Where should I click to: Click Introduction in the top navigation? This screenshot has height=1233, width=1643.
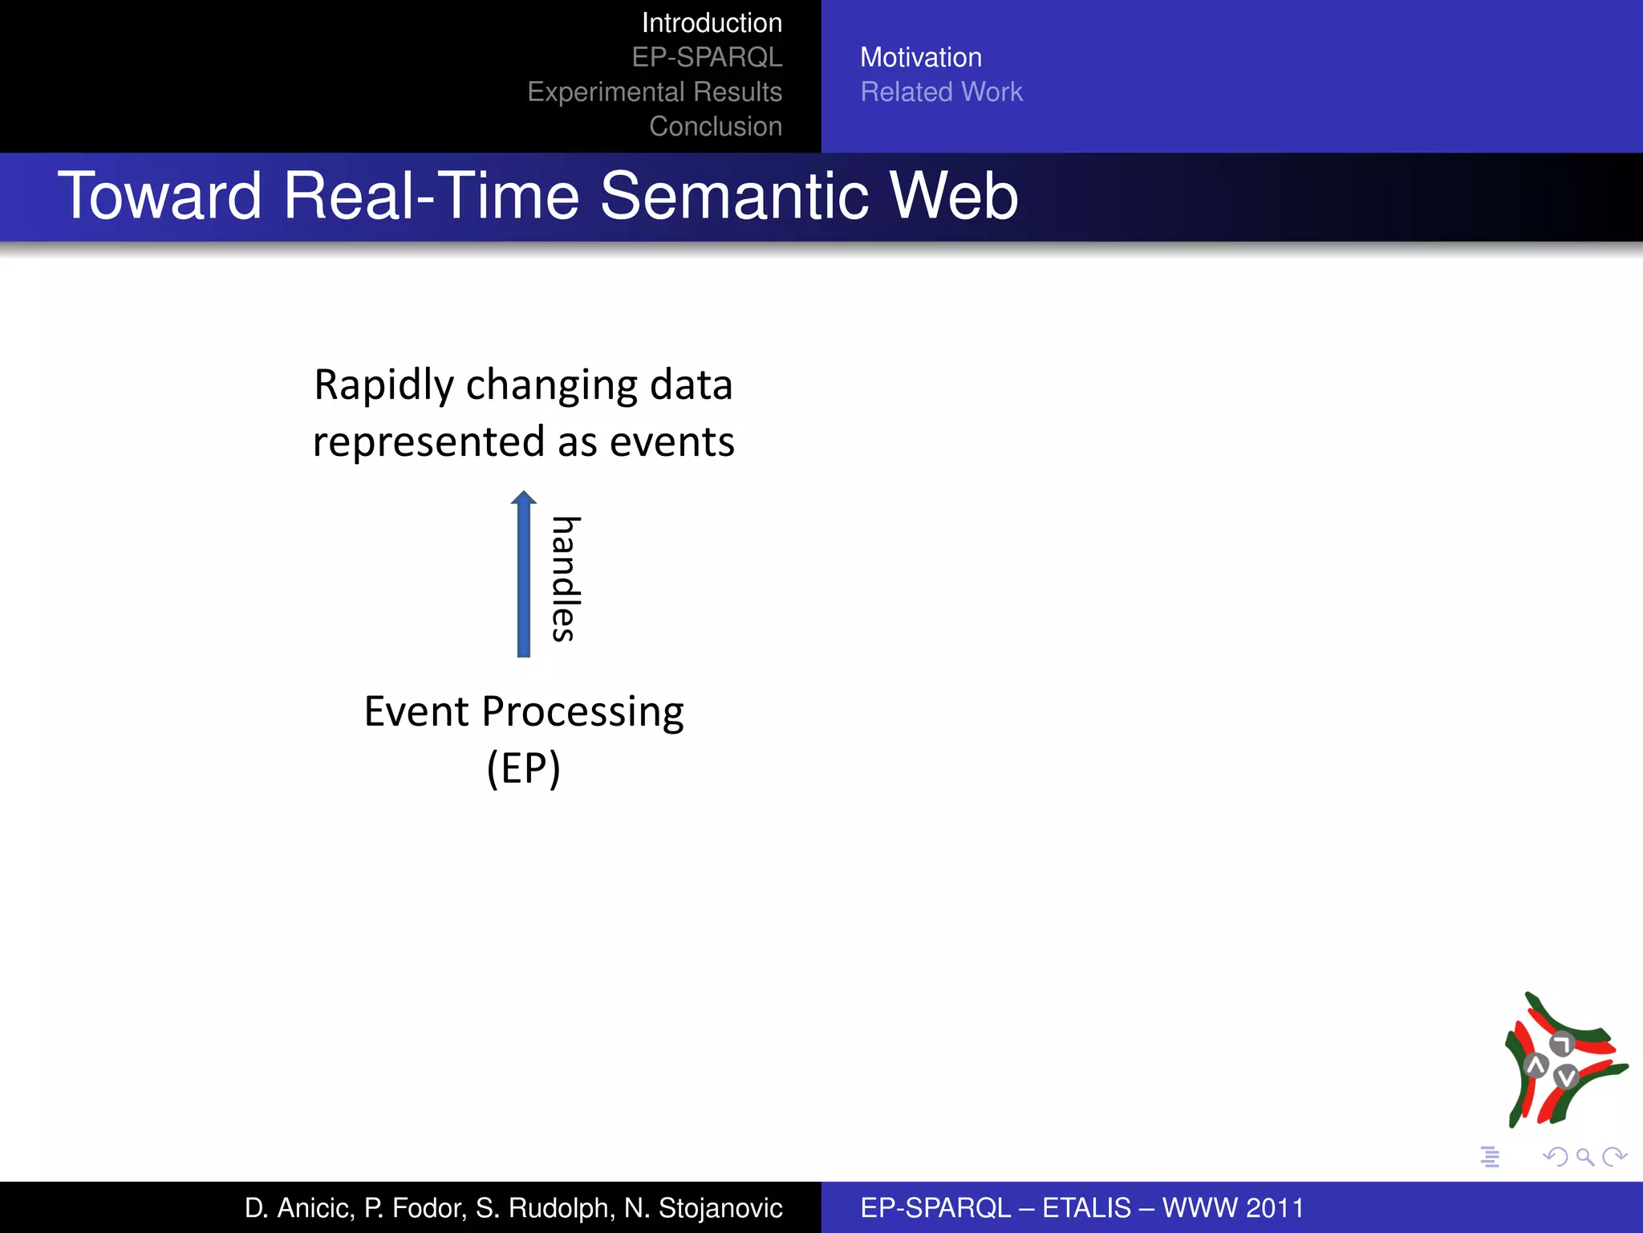(x=711, y=23)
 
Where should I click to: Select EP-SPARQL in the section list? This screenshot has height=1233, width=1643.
(x=706, y=58)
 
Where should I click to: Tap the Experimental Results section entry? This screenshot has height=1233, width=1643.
(x=654, y=92)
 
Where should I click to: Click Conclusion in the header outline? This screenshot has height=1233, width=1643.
(x=715, y=127)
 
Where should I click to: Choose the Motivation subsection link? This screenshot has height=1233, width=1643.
(x=920, y=58)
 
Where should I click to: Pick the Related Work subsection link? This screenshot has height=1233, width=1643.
(x=941, y=92)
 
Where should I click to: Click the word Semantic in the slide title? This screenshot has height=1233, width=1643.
(x=734, y=197)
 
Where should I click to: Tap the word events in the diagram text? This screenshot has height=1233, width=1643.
(x=671, y=442)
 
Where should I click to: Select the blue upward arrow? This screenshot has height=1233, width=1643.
(x=524, y=574)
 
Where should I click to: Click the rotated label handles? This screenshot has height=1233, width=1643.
(x=565, y=578)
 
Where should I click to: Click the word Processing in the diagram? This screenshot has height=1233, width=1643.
(x=582, y=712)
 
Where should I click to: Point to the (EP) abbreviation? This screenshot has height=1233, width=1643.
(x=523, y=769)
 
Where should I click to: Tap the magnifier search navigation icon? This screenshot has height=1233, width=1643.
(x=1584, y=1157)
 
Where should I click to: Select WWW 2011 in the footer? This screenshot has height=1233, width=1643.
(x=1233, y=1208)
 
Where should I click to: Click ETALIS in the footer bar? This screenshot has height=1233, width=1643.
(x=1086, y=1208)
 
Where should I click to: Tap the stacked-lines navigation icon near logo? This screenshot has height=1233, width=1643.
(x=1490, y=1157)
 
